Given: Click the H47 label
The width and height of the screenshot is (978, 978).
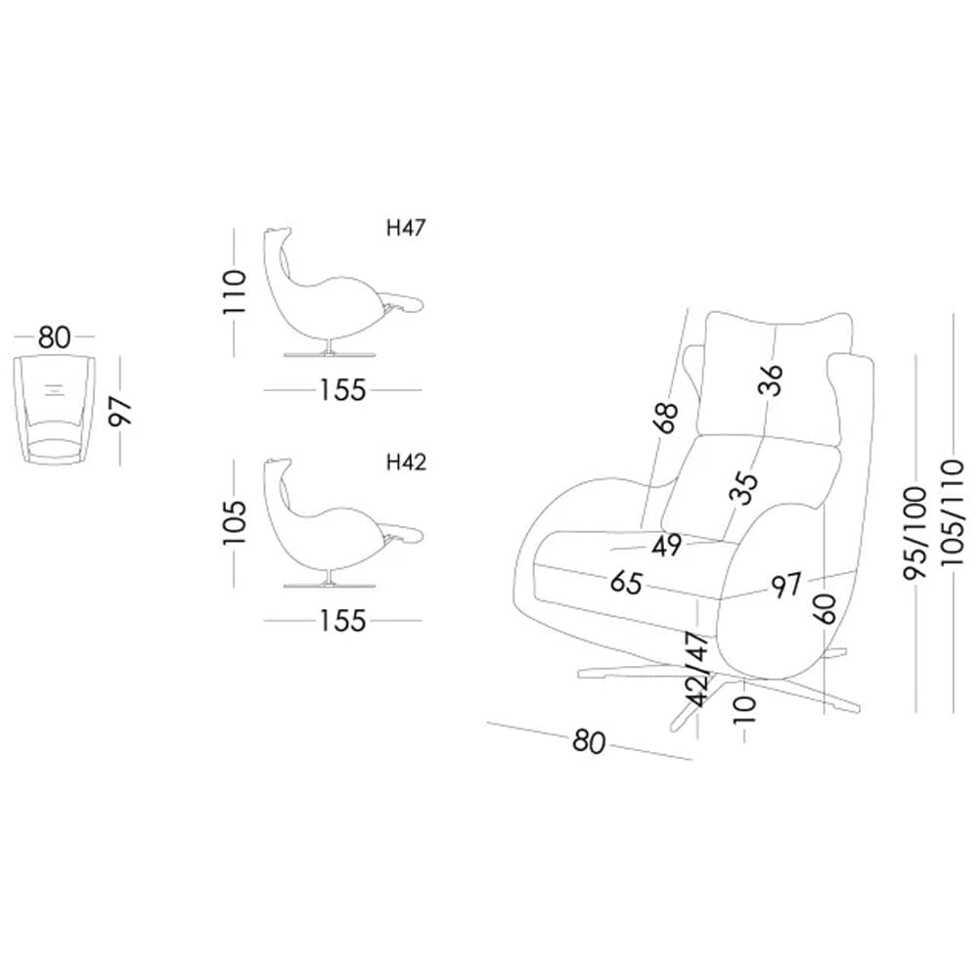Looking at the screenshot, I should [x=407, y=229].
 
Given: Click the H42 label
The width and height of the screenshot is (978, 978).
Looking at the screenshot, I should [x=407, y=463].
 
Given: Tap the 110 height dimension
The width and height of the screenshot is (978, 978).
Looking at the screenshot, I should [x=235, y=291].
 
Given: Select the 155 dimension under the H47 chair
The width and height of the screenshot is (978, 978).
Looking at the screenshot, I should [x=342, y=389].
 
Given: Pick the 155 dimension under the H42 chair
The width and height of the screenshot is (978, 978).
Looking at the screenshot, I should [x=342, y=620].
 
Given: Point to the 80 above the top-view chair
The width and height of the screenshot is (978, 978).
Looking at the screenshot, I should [x=55, y=338].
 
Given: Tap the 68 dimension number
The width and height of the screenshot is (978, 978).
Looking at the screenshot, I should [x=666, y=418].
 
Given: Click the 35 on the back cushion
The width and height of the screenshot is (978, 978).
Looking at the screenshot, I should [x=745, y=487].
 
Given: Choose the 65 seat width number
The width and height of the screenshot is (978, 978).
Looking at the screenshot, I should [x=626, y=583].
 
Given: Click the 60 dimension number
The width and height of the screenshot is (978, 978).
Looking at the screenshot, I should [x=823, y=609].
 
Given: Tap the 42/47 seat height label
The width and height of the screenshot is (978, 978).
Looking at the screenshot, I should [x=697, y=669].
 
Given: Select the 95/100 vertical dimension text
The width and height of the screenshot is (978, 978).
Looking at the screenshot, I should [x=916, y=534].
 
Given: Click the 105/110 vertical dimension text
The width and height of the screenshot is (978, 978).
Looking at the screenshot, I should [x=953, y=524].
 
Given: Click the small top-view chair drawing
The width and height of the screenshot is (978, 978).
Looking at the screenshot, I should [x=56, y=411].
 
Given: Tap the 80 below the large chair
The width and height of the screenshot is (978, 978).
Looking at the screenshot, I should [x=589, y=742].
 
